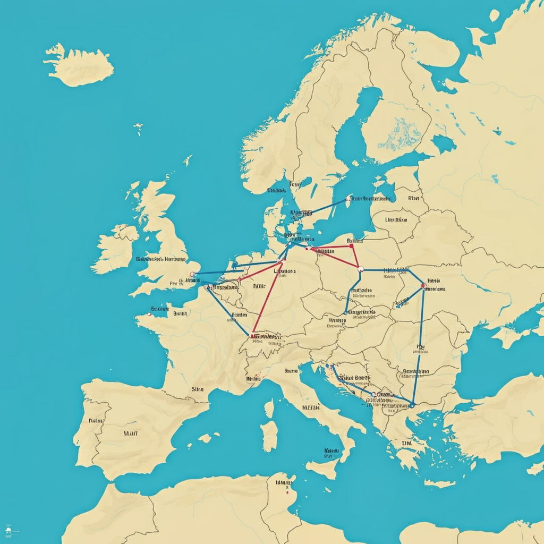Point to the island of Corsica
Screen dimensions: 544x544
click(269, 409)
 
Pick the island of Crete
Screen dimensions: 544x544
click(439, 483)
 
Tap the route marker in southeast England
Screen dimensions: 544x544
click(192, 274)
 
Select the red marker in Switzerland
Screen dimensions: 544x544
click(252, 336)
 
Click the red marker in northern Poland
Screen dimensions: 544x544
click(351, 246)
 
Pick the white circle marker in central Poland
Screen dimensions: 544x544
click(360, 268)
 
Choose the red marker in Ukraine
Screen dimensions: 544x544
click(423, 286)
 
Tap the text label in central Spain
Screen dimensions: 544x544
click(130, 433)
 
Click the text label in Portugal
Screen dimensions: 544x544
click(96, 420)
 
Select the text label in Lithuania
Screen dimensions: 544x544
click(396, 219)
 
